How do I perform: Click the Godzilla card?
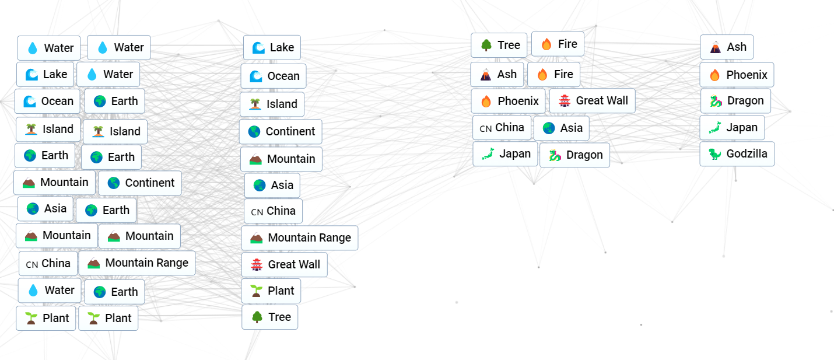coord(737,154)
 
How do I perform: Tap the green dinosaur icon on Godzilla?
coord(714,154)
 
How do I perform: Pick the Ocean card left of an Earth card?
coord(47,101)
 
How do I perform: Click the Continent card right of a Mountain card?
coord(140,183)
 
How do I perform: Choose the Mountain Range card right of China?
coord(137,263)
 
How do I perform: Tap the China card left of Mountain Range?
coord(48,264)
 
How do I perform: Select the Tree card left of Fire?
coord(499,45)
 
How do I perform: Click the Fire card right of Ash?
coord(553,75)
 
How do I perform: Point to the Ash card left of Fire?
coord(497,75)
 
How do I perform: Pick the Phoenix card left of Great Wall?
coord(508,101)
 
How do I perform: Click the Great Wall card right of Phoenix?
coord(593,100)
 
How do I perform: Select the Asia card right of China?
coord(562,128)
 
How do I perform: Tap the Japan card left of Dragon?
coord(505,154)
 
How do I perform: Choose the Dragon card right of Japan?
coord(575,155)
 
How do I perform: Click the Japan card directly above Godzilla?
coord(732,128)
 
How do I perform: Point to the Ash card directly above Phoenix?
coord(727,47)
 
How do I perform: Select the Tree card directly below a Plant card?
coord(270,317)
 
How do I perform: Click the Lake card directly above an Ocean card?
coord(272,47)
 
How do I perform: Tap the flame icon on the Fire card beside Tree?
coord(546,44)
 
